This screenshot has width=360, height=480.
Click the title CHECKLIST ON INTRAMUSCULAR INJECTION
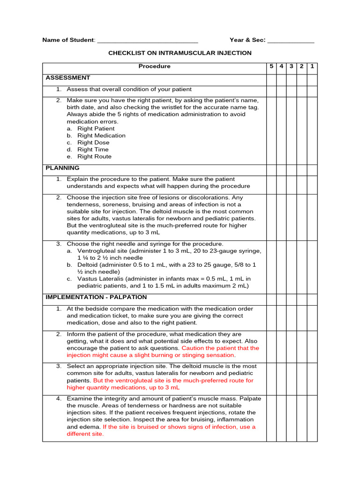[x=180, y=53]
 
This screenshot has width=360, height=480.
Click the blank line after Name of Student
[x=147, y=41]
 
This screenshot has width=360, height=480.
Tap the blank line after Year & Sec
[x=291, y=41]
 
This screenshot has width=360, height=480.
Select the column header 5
[x=271, y=67]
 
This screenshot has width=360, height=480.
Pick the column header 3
[x=292, y=67]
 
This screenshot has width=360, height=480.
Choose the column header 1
[x=312, y=67]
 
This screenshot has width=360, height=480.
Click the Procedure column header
[x=154, y=67]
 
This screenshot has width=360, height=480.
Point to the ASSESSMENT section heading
[x=68, y=78]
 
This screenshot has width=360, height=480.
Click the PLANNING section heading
[x=62, y=168]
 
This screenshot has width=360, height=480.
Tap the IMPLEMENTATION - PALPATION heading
[x=96, y=297]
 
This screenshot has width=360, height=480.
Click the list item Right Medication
[x=101, y=135]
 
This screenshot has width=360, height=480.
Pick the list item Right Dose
[x=93, y=142]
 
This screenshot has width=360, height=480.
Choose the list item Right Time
[x=93, y=150]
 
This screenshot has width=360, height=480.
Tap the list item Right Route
[x=94, y=157]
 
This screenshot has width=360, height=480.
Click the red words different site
[x=85, y=434]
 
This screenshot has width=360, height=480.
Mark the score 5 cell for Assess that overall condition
[x=271, y=90]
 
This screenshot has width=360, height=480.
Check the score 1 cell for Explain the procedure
[x=312, y=182]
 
